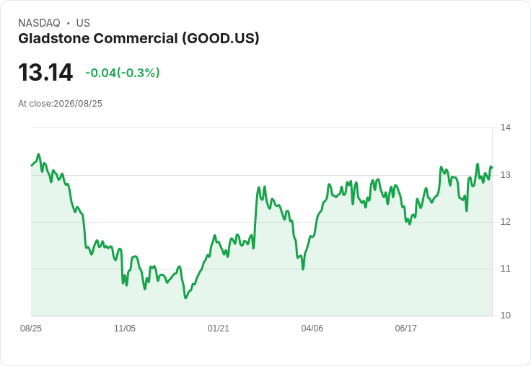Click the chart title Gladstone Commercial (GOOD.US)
[139, 38]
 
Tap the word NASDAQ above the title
[39, 23]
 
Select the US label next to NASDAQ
[83, 23]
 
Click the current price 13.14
[45, 72]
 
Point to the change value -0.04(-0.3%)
[122, 73]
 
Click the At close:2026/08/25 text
[61, 104]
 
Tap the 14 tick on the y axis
[505, 128]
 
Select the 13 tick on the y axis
[505, 175]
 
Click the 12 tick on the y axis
[505, 222]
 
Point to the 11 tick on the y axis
[505, 269]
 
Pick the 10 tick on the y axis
[505, 316]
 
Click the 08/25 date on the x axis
[31, 329]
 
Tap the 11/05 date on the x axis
[125, 329]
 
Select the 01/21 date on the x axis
[219, 329]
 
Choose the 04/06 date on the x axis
[312, 329]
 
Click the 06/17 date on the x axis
[406, 329]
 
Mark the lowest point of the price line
[185, 298]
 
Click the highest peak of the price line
[38, 154]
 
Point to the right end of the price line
[492, 167]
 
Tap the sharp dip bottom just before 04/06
[303, 269]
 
